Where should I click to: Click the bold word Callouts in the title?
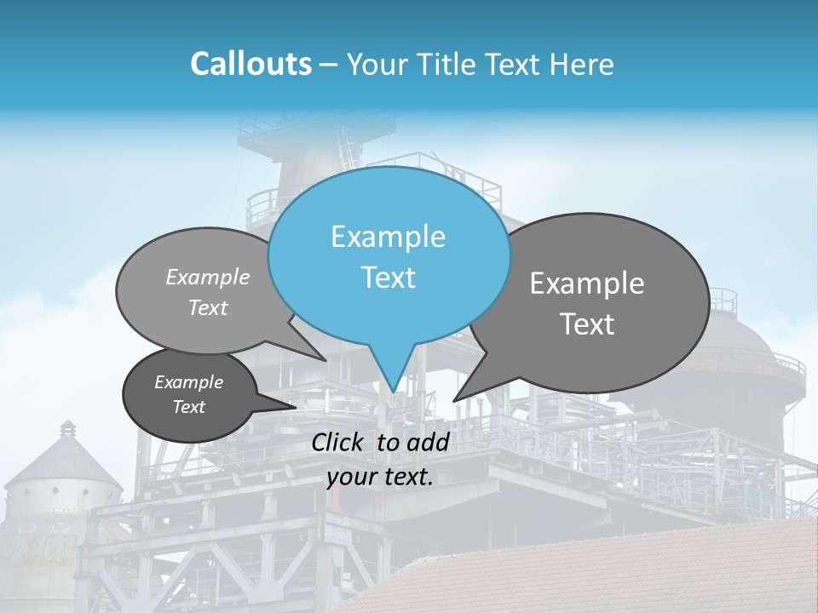pos(251,64)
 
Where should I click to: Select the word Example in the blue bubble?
pos(388,237)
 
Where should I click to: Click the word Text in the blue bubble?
pos(388,278)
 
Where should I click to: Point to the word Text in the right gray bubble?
pos(587,324)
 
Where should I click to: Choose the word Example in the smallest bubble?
pos(188,382)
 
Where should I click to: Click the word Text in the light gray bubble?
pos(207,308)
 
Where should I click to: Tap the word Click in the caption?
pos(337,442)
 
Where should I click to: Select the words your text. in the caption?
pos(380,477)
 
